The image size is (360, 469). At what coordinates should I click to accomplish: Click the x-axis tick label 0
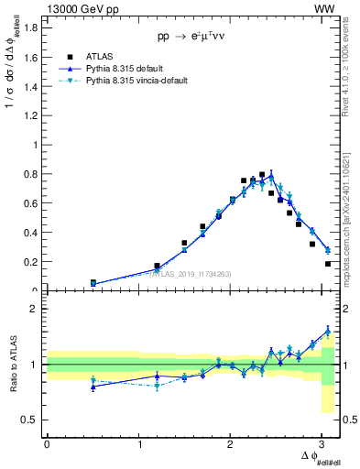coord(47,443)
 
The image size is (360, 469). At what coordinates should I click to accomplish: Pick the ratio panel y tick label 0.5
coord(29,420)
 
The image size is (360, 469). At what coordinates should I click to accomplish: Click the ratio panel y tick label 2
coord(34,309)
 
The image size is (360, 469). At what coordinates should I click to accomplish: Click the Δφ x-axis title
coord(316,458)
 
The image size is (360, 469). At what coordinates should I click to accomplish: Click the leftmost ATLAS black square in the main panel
coord(93,282)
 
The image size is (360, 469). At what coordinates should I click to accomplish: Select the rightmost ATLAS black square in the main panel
coord(328,264)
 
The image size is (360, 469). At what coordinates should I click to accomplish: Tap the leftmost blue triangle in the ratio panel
coord(93,387)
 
